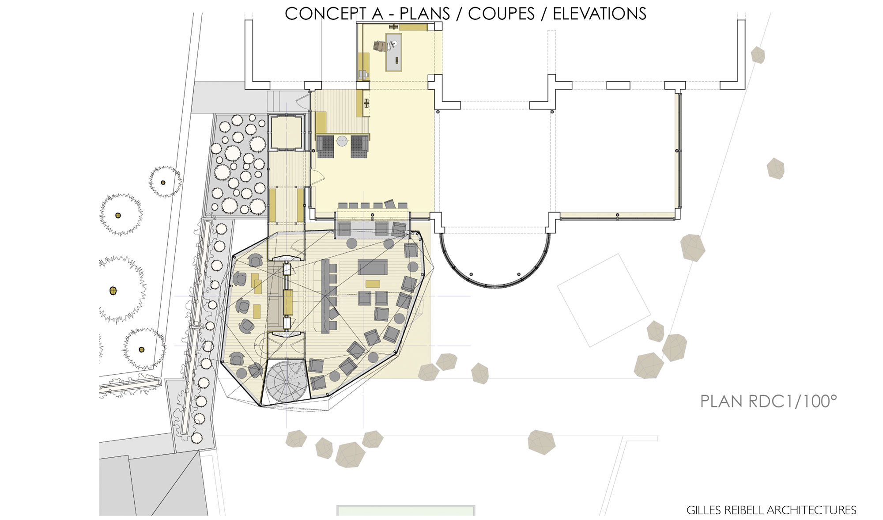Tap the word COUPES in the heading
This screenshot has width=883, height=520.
click(501, 14)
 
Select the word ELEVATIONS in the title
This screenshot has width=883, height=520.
click(600, 14)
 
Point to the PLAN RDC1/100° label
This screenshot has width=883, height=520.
click(768, 401)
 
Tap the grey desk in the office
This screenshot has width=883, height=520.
click(394, 52)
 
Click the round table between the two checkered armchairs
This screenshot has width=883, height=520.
click(343, 141)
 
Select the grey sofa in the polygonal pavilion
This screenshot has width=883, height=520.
click(373, 267)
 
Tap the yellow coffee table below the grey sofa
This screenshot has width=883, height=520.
click(373, 284)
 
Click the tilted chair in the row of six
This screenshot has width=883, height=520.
click(390, 204)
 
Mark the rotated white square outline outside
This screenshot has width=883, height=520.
click(604, 300)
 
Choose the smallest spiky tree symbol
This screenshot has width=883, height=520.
click(164, 182)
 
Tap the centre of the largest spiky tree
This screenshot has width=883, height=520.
click(113, 290)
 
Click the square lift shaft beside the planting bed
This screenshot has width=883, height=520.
click(286, 132)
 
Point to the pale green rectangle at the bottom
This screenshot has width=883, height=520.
click(405, 511)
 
